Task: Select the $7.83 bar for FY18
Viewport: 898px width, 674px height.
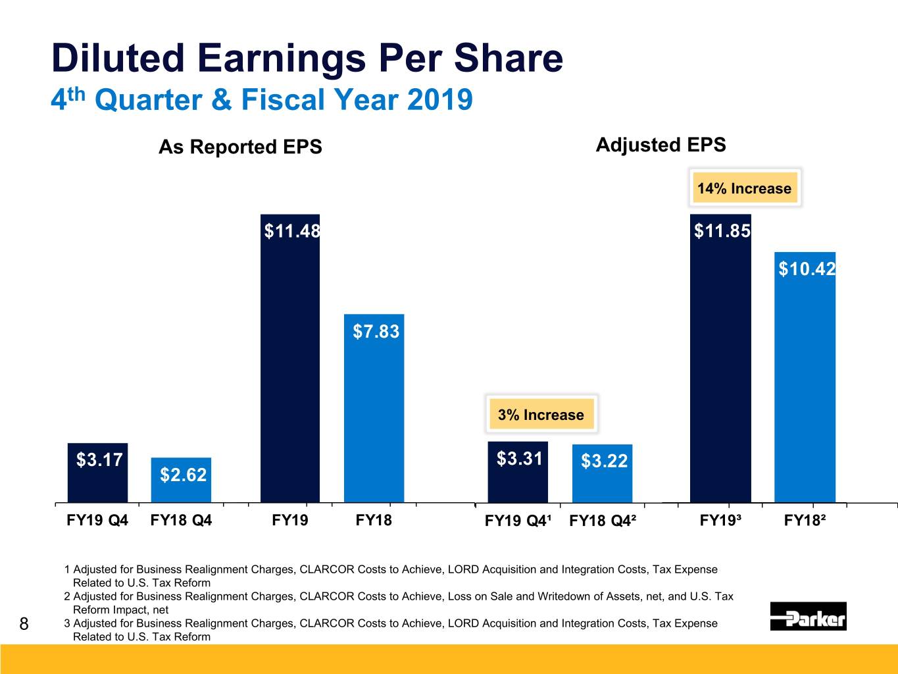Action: (374, 408)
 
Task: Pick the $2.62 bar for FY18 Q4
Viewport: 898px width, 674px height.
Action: (181, 480)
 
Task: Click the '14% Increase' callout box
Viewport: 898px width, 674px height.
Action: (744, 188)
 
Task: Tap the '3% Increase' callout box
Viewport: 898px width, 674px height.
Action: (541, 415)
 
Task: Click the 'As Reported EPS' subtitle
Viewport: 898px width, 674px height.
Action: (240, 147)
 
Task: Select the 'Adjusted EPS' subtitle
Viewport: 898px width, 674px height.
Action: (661, 145)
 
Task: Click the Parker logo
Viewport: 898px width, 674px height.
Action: (808, 617)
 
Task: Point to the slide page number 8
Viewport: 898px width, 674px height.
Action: (24, 623)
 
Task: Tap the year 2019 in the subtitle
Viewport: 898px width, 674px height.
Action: (439, 100)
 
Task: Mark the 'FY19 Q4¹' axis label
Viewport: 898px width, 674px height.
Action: (518, 521)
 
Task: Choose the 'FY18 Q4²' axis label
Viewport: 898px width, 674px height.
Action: (602, 521)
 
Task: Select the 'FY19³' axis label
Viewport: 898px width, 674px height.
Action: (720, 521)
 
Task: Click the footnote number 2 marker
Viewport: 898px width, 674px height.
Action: (67, 596)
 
